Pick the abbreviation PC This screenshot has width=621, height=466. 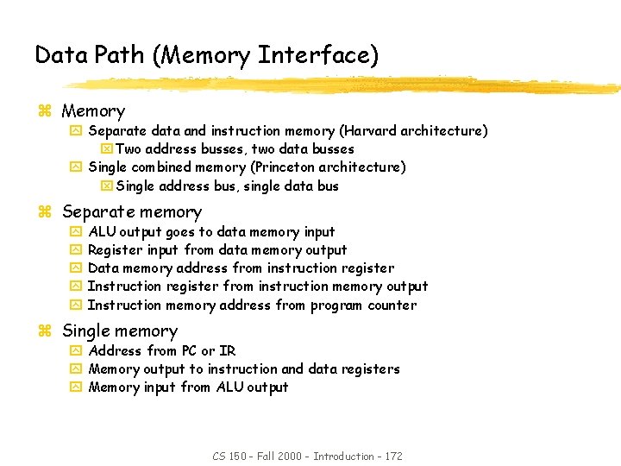click(x=189, y=351)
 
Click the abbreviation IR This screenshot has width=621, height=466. click(x=228, y=351)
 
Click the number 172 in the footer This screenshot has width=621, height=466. click(x=392, y=456)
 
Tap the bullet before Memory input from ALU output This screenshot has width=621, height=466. click(x=75, y=387)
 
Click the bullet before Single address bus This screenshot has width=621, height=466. click(x=107, y=186)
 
